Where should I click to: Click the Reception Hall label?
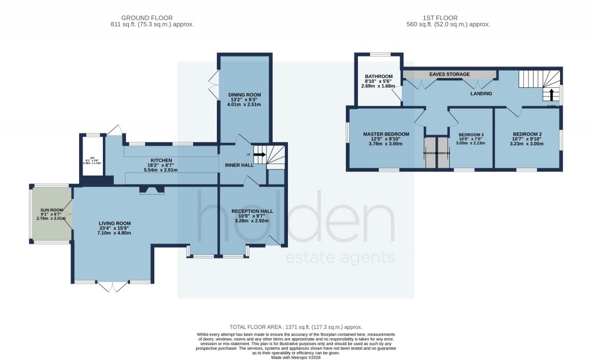point(251,211)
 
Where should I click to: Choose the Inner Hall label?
point(239,165)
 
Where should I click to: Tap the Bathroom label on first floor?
point(379,76)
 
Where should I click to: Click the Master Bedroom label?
point(386,134)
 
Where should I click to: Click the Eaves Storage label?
point(449,75)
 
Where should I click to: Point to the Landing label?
point(480,93)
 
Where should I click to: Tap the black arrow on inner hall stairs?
point(260,155)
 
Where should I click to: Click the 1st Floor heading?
point(448,18)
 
